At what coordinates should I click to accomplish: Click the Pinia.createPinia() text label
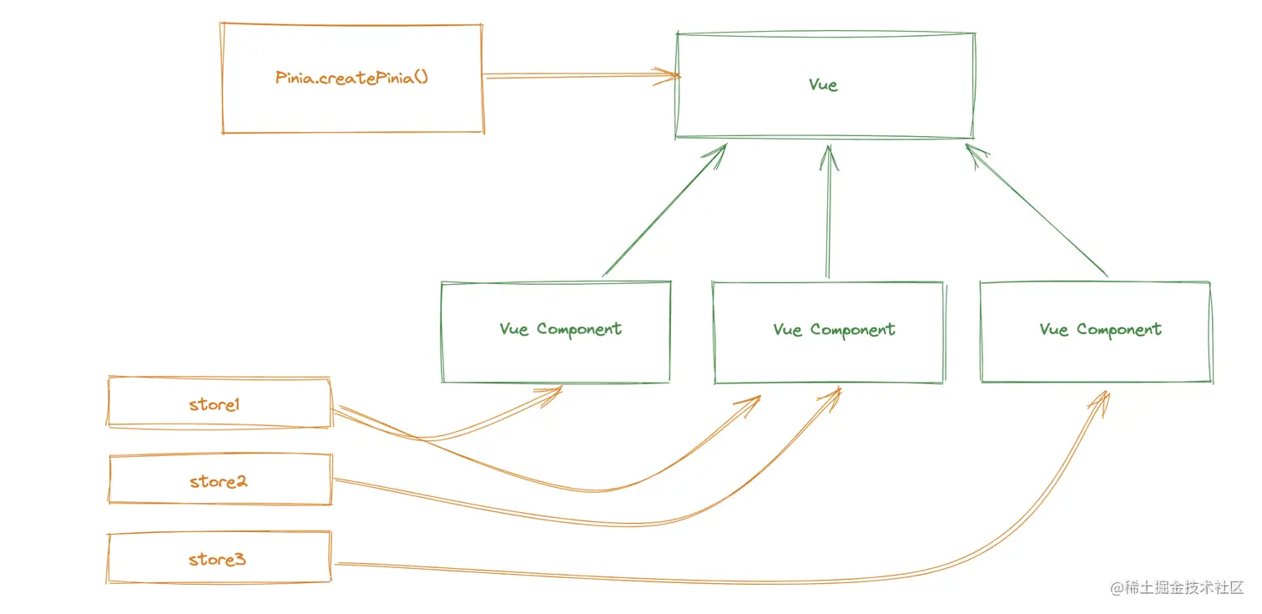click(x=351, y=78)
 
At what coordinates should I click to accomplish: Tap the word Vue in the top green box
click(x=823, y=84)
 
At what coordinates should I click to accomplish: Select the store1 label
click(x=215, y=404)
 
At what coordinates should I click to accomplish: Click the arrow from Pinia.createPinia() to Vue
click(x=576, y=76)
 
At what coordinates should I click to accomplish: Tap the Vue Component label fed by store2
click(x=834, y=330)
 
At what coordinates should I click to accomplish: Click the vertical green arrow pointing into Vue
click(x=828, y=217)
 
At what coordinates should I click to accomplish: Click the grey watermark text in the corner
click(x=1177, y=588)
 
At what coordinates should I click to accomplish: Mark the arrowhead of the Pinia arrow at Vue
click(x=673, y=76)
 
